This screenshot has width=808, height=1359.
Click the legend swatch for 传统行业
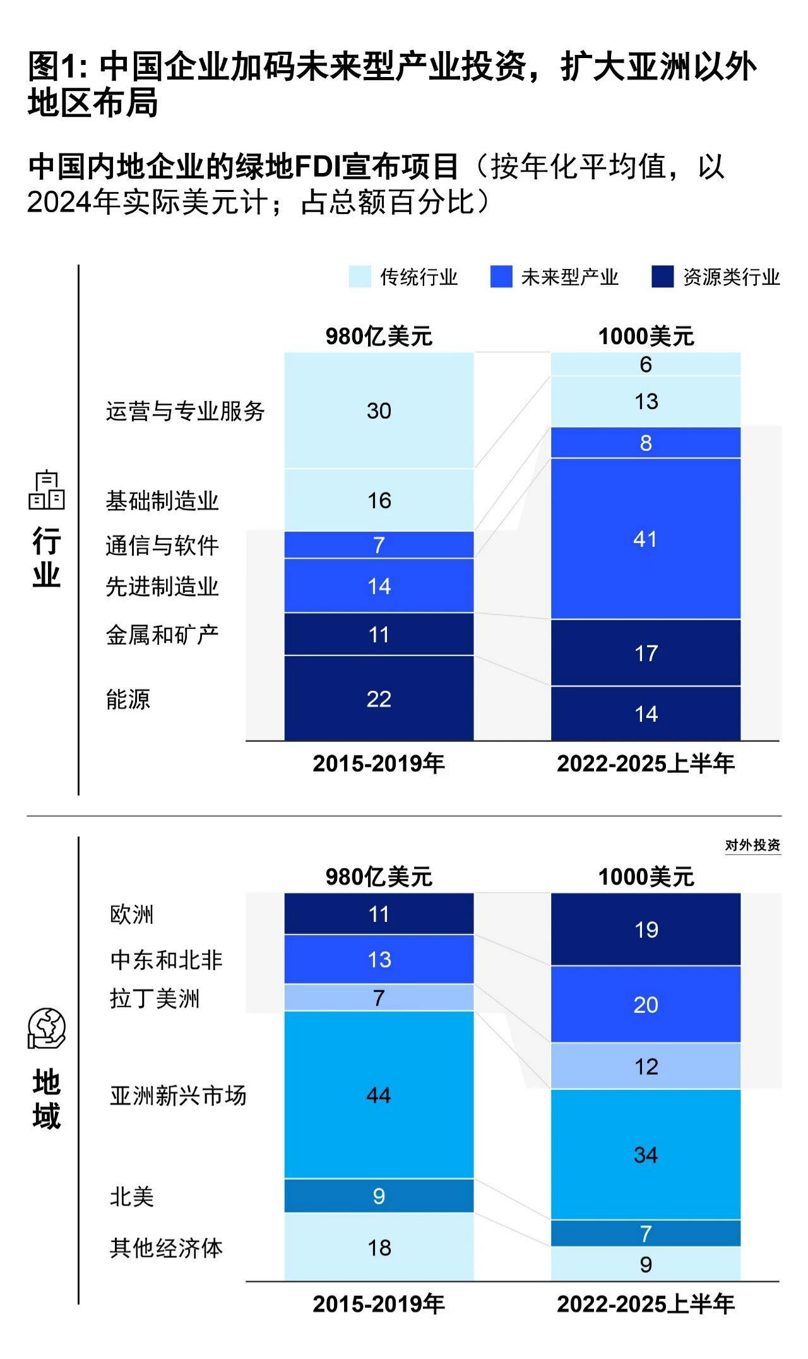click(x=360, y=277)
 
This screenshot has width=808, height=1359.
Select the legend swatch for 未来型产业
click(x=501, y=277)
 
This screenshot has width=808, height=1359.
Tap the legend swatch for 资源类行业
click(x=662, y=277)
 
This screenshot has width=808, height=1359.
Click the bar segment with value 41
click(x=645, y=539)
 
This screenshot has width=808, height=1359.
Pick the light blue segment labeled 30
click(x=379, y=410)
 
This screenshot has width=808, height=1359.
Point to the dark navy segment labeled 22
click(x=379, y=698)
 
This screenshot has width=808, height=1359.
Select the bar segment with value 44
click(x=379, y=1095)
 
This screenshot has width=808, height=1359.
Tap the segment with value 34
click(x=645, y=1155)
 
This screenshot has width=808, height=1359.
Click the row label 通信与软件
click(x=162, y=546)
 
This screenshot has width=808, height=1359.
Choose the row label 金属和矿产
click(x=162, y=635)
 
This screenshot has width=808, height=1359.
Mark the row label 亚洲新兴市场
click(x=178, y=1096)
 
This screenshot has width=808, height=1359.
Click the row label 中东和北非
click(x=167, y=960)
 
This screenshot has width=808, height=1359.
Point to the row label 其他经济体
click(x=167, y=1248)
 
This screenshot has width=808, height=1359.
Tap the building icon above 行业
click(x=47, y=491)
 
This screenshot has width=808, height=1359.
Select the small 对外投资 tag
click(x=752, y=846)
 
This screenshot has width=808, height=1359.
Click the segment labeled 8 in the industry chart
click(x=645, y=443)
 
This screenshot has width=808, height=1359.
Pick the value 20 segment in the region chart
click(x=645, y=1004)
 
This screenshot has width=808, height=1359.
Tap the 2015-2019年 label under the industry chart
click(x=379, y=763)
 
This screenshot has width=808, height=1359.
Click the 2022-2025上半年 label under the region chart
click(x=645, y=1304)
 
